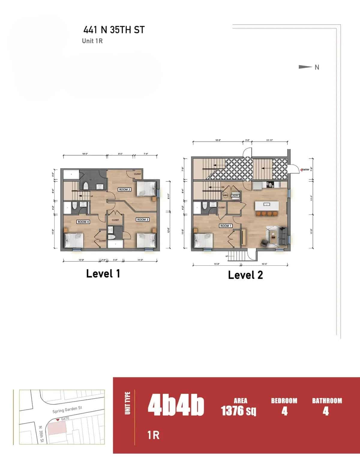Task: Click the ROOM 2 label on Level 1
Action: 125,189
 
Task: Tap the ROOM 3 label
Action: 142,219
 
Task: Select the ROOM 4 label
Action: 83,222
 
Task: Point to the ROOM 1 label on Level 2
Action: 226,226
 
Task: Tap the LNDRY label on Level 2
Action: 235,196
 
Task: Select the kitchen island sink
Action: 266,204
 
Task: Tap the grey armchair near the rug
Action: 264,243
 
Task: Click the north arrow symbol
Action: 305,67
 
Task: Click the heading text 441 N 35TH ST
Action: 114,30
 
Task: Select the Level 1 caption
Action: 103,274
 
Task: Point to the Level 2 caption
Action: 245,275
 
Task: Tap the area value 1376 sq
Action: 238,410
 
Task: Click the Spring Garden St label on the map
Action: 67,410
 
